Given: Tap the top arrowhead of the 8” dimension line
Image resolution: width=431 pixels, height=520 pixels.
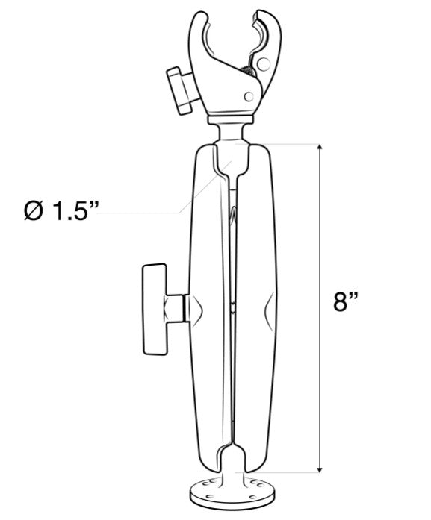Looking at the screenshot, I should [x=322, y=149].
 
